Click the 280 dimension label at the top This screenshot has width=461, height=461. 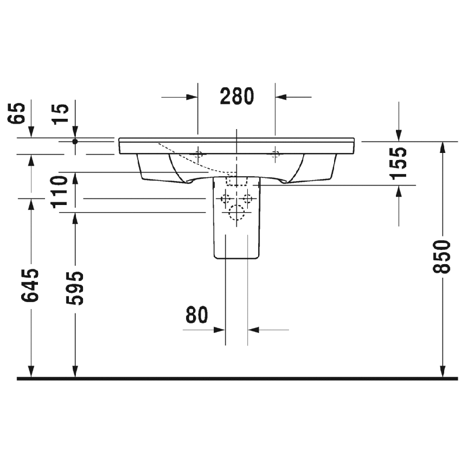pos(237,96)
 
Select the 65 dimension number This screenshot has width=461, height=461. pos(18,113)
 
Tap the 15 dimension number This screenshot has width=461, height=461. pos(62,114)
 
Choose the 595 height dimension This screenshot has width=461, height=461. pos(76,288)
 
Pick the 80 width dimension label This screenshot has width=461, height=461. pos(197,315)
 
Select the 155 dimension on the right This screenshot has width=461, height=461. pos(399,163)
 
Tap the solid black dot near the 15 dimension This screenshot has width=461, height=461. pos(75,141)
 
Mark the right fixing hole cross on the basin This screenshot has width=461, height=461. pos(276,153)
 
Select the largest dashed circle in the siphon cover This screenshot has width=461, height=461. pos(237,214)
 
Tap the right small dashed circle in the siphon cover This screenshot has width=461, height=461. pos(247,198)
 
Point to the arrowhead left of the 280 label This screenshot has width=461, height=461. pos(192,97)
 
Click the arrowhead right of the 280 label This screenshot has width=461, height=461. pos(281,97)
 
